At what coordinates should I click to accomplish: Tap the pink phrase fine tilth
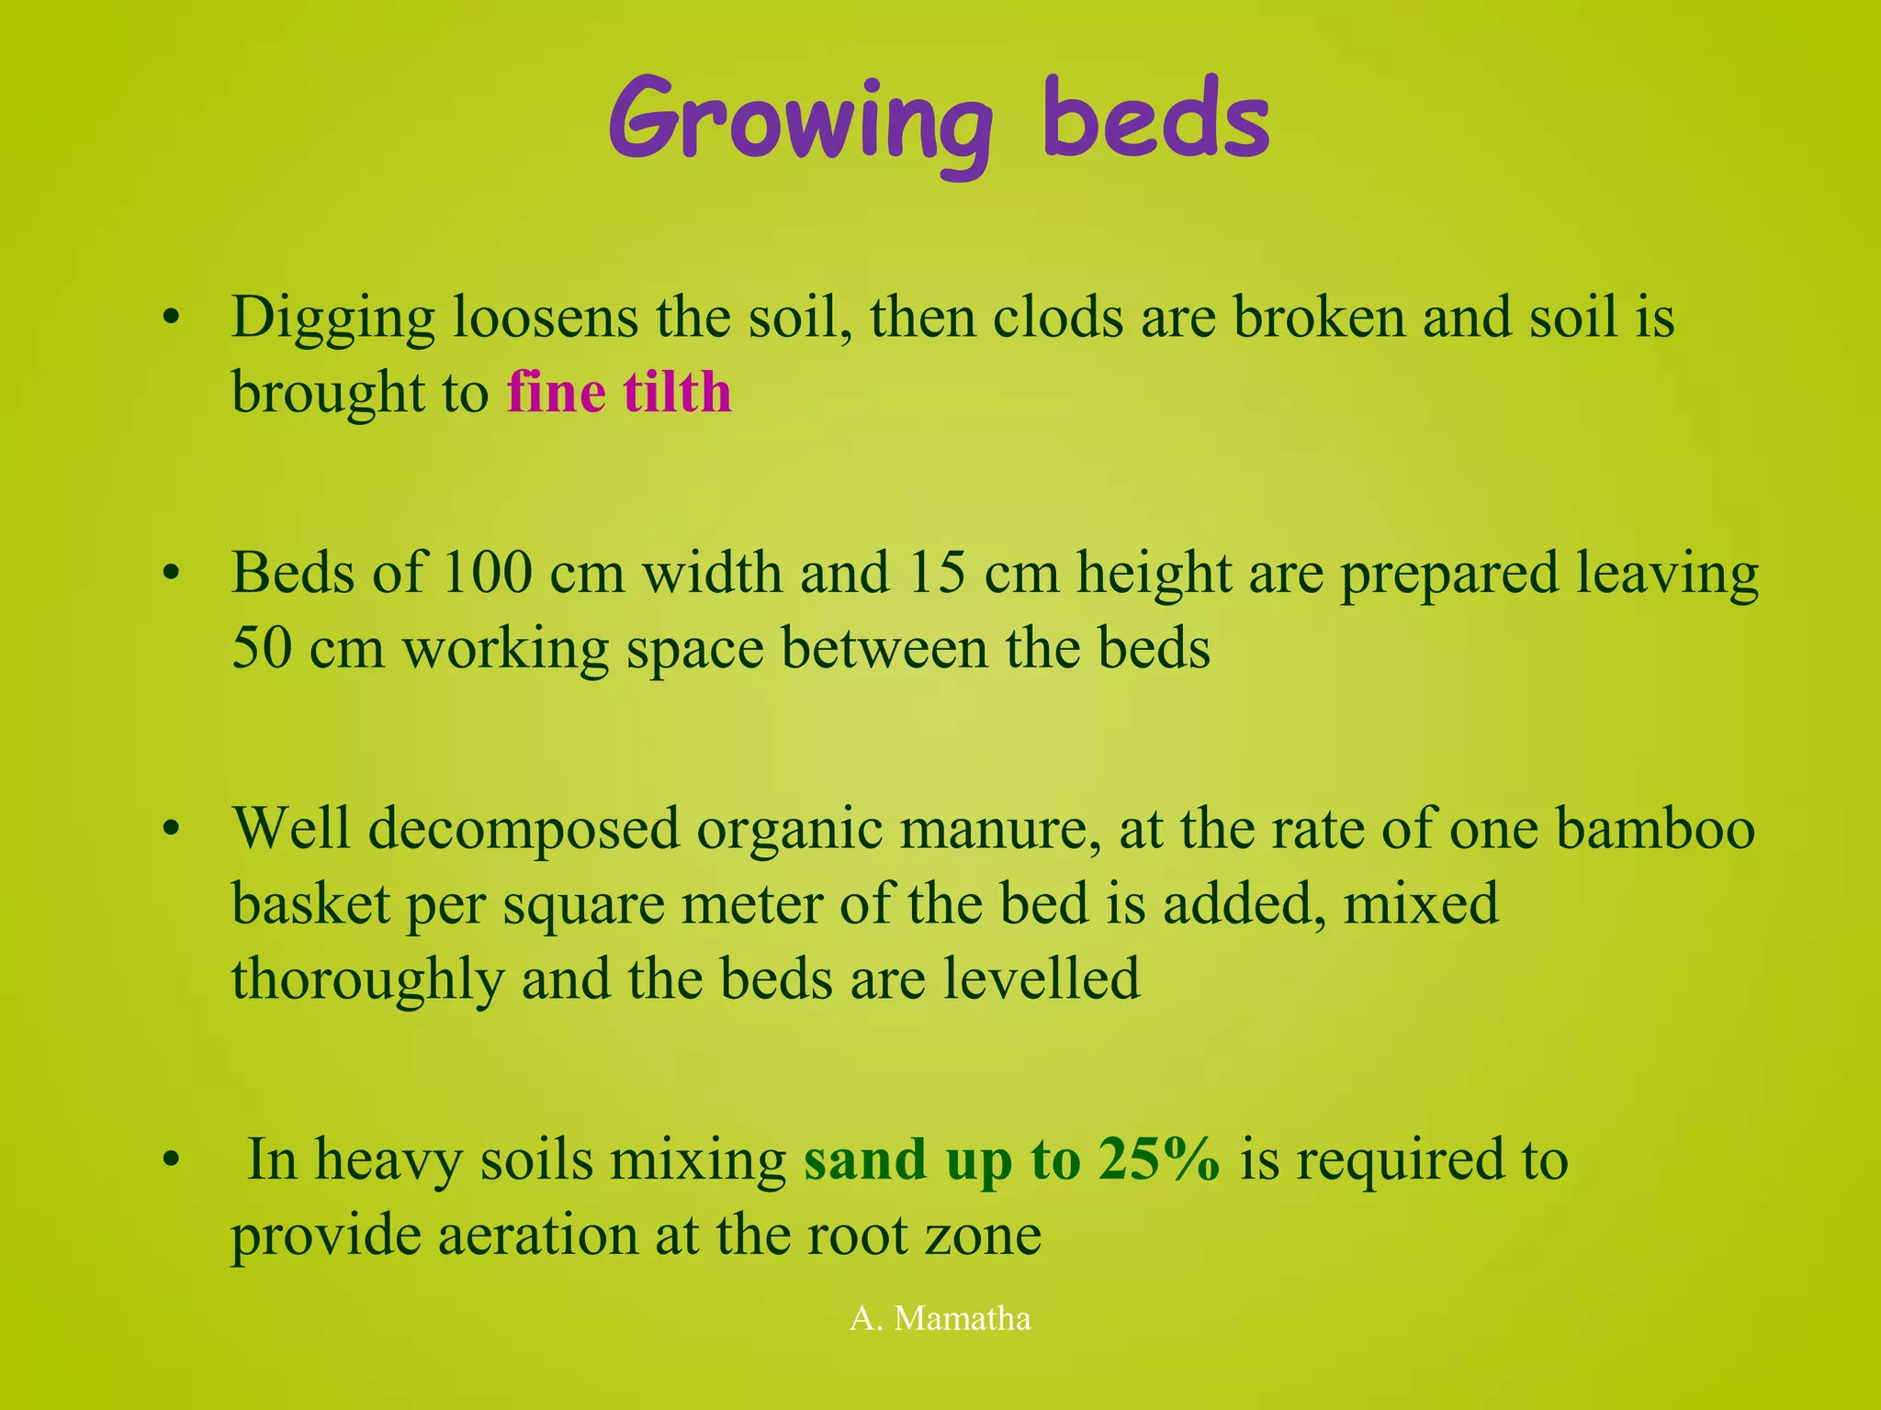(619, 392)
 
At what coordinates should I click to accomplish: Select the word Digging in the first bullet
(332, 319)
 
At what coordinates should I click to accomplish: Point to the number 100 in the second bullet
(487, 573)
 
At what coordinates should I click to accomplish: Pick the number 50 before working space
(261, 648)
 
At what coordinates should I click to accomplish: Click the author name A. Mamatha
(940, 1319)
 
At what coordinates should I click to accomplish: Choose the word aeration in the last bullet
(536, 1236)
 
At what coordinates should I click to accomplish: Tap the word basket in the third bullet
(310, 903)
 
